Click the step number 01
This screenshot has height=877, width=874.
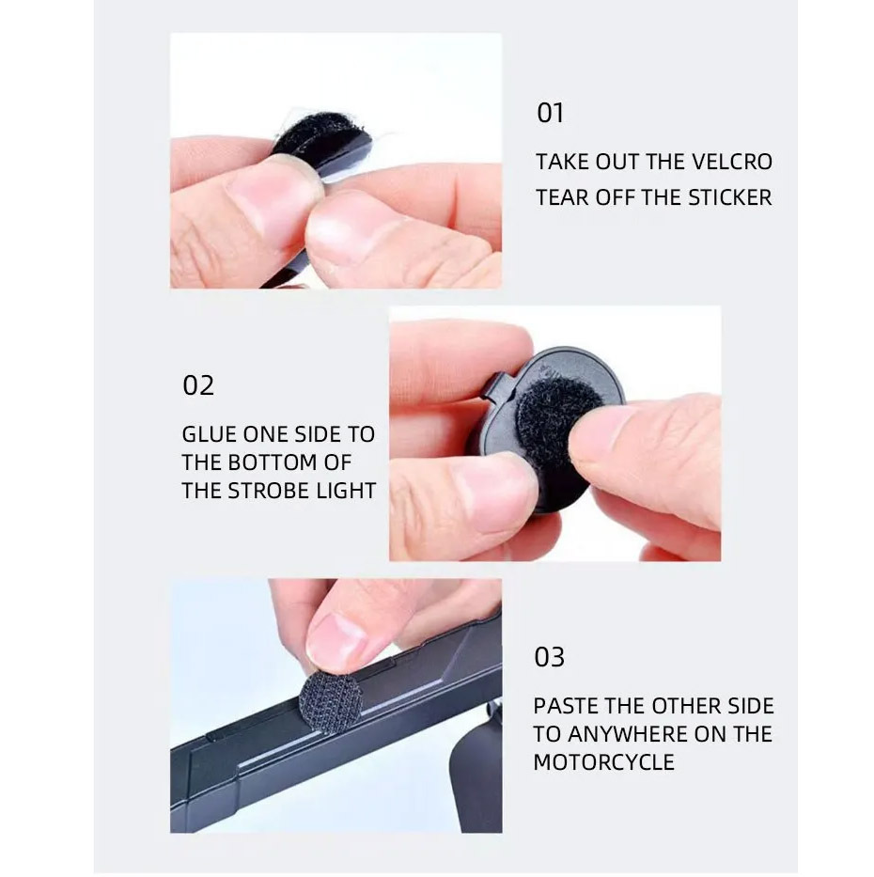tap(550, 113)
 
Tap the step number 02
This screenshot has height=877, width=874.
tap(198, 386)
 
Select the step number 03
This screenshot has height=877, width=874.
tap(549, 657)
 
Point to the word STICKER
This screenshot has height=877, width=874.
tap(729, 198)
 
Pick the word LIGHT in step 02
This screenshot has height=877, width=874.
tap(346, 491)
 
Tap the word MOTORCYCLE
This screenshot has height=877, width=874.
tap(604, 762)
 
